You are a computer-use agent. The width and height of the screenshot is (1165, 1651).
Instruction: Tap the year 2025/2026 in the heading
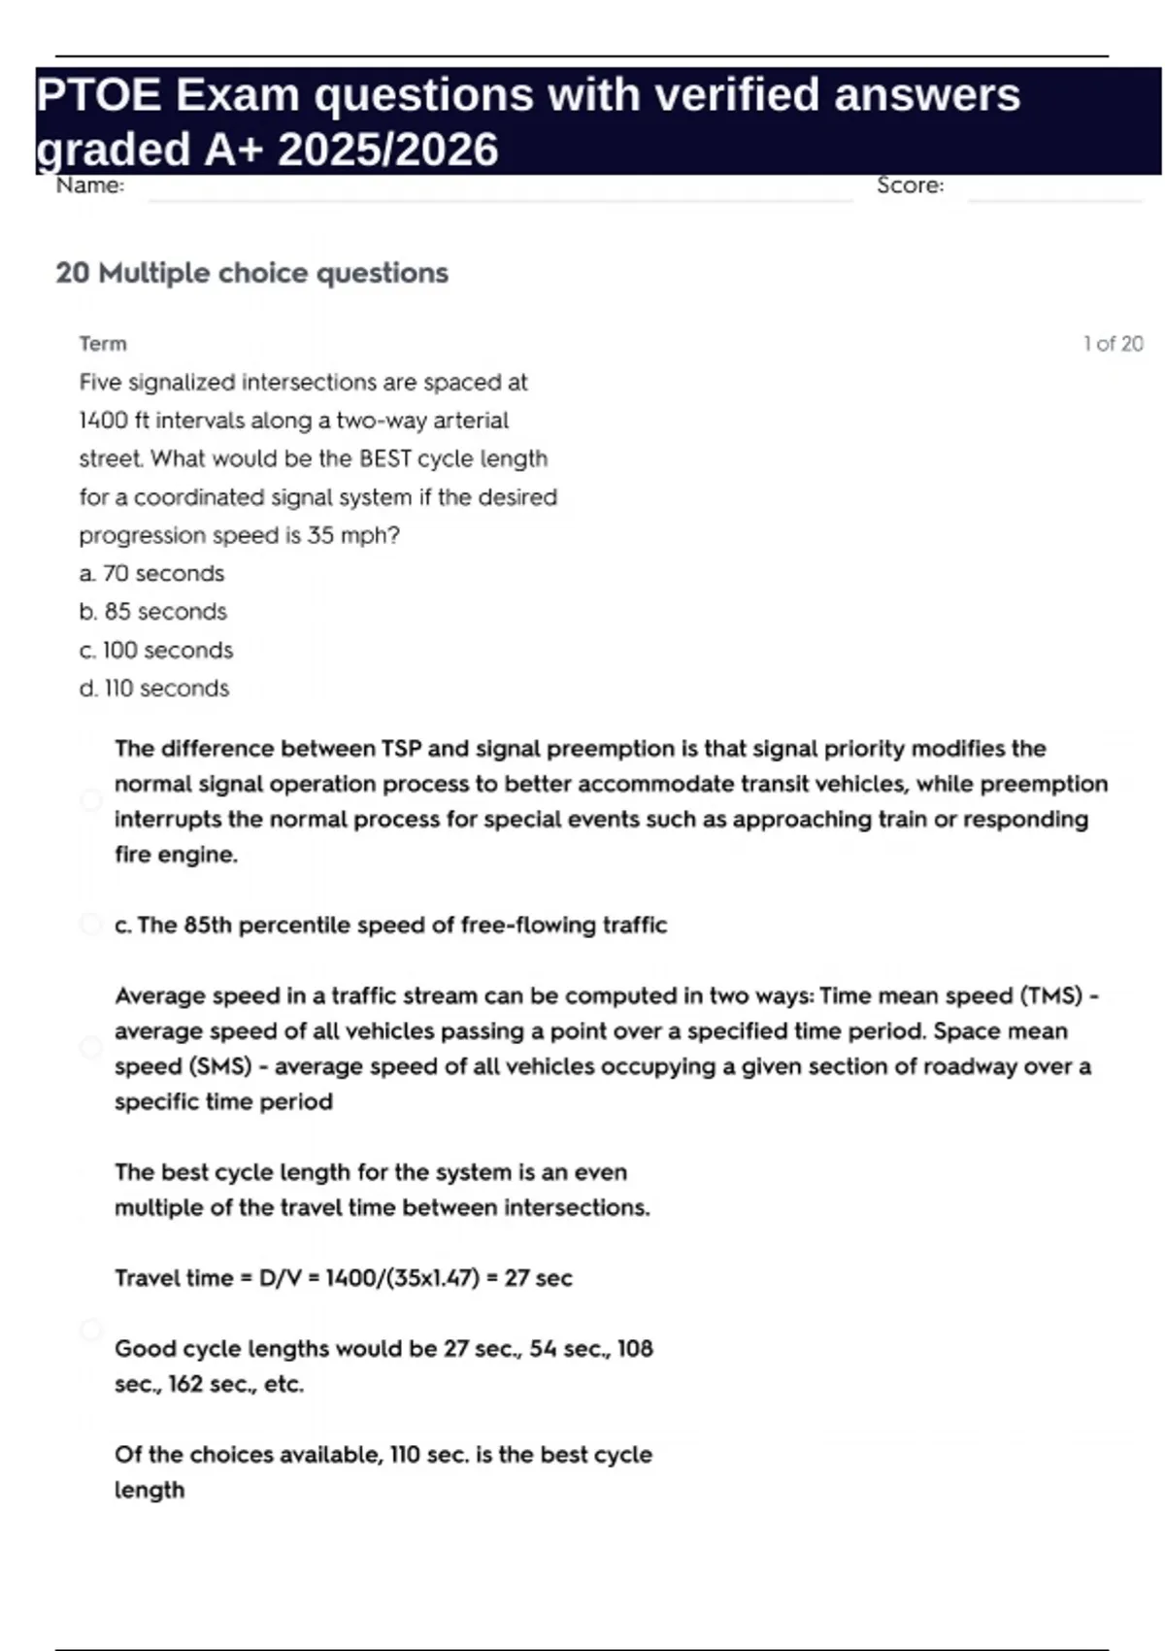pyautogui.click(x=387, y=150)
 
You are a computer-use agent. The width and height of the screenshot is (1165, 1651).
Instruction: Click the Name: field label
pyautogui.click(x=90, y=185)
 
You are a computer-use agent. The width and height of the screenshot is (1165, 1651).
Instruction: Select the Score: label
pyautogui.click(x=910, y=185)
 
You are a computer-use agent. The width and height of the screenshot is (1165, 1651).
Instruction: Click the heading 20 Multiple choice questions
pyautogui.click(x=251, y=273)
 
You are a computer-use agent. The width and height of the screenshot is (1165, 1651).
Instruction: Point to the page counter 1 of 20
pyautogui.click(x=1113, y=344)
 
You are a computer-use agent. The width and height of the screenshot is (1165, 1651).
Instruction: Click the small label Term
pyautogui.click(x=103, y=344)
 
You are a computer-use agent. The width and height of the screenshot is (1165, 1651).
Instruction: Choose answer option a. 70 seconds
pyautogui.click(x=151, y=574)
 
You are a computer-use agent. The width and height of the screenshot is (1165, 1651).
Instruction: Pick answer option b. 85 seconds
pyautogui.click(x=152, y=612)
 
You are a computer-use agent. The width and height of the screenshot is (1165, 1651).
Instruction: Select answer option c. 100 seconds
pyautogui.click(x=155, y=650)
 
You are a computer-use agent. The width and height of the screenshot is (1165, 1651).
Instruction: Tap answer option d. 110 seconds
pyautogui.click(x=153, y=689)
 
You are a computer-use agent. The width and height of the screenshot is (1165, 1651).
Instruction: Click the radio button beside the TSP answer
pyautogui.click(x=91, y=800)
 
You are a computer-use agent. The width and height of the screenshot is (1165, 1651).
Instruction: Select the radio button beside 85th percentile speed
pyautogui.click(x=91, y=924)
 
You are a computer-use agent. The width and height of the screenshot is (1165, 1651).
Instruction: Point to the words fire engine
pyautogui.click(x=176, y=855)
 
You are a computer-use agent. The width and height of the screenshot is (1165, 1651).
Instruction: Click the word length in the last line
pyautogui.click(x=150, y=1490)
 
